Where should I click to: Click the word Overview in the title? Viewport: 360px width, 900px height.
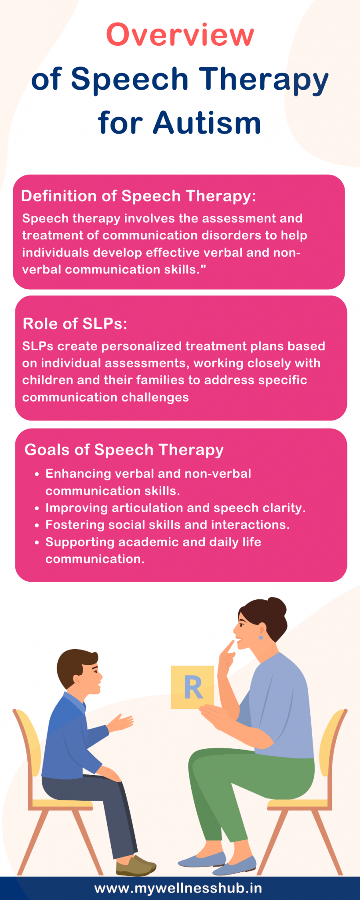pyautogui.click(x=180, y=35)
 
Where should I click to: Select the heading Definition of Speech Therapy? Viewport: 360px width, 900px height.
pyautogui.click(x=138, y=196)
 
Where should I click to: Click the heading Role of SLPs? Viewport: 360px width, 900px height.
pyautogui.click(x=75, y=323)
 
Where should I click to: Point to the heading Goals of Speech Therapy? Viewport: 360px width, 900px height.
pyautogui.click(x=124, y=450)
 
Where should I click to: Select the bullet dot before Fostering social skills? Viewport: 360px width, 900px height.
pyautogui.click(x=37, y=525)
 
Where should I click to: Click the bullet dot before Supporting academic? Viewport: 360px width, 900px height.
pyautogui.click(x=37, y=542)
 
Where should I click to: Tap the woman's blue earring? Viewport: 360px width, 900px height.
pyautogui.click(x=261, y=637)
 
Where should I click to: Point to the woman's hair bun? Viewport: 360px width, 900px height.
pyautogui.click(x=276, y=608)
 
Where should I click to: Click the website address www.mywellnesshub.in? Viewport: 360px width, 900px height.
pyautogui.click(x=178, y=888)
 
